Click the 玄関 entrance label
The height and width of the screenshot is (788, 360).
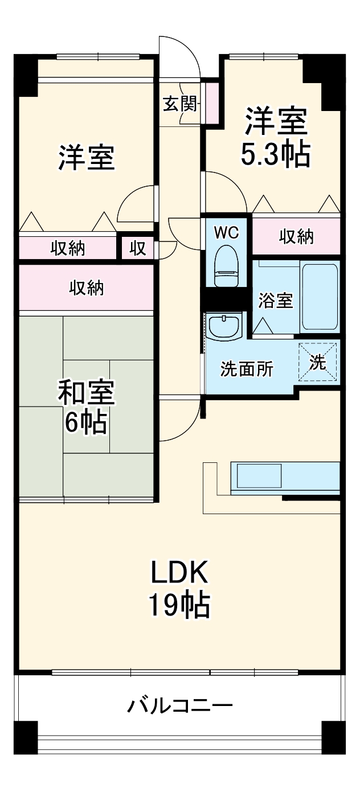(180, 104)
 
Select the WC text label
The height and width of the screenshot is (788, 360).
(226, 232)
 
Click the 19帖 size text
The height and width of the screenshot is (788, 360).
(179, 606)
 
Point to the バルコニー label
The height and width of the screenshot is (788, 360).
(179, 707)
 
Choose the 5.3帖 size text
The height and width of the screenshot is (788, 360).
(276, 154)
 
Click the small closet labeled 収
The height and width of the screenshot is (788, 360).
(137, 248)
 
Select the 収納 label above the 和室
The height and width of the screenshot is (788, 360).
(87, 288)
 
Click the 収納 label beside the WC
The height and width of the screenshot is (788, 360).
(296, 237)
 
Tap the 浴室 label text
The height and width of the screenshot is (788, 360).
(276, 301)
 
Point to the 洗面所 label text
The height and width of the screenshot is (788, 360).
(247, 370)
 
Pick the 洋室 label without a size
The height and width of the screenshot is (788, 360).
(87, 158)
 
